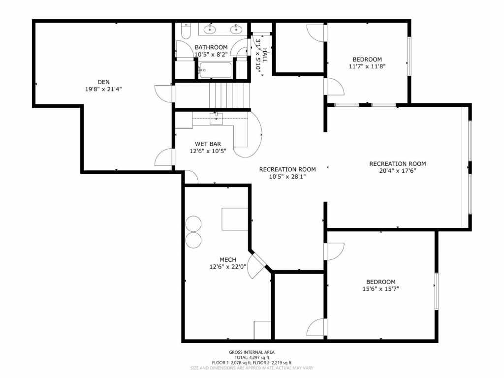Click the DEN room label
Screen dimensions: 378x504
[x=103, y=82]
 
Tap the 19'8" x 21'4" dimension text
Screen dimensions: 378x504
[x=103, y=90]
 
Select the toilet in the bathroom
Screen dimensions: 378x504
[x=186, y=31]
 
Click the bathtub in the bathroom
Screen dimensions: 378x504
[x=215, y=70]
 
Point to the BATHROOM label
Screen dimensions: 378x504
[x=211, y=47]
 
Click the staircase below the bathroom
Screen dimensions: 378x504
[x=230, y=94]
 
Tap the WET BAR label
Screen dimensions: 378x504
[x=207, y=144]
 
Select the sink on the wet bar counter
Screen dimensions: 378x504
[x=216, y=118]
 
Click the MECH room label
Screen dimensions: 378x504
[x=228, y=260]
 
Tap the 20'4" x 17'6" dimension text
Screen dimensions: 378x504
[x=397, y=171]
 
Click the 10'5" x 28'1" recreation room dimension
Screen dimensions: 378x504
[x=287, y=177]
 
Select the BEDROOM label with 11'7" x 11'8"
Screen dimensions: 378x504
[x=367, y=59]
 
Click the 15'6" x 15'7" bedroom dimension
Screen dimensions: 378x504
[x=380, y=289]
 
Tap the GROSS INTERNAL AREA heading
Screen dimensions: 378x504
[x=252, y=352]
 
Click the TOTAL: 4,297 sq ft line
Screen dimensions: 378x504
[x=252, y=357]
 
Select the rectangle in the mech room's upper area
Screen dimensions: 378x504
[x=234, y=219]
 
